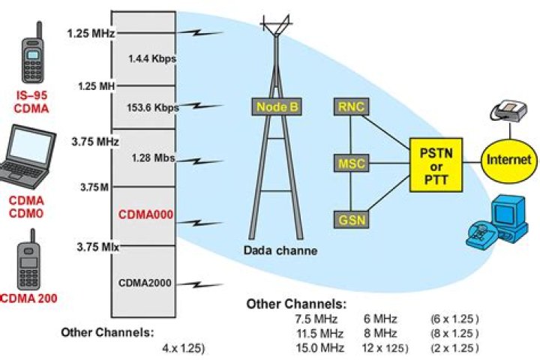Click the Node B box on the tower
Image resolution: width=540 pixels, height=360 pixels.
[277, 107]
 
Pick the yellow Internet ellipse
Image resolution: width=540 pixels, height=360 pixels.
[508, 160]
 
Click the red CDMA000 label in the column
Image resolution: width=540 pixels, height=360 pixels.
[145, 214]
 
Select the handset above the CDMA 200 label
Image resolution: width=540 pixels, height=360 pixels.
[29, 262]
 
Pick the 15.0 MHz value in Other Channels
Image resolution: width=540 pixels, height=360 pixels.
[319, 348]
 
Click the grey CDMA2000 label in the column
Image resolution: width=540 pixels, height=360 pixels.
[145, 283]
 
